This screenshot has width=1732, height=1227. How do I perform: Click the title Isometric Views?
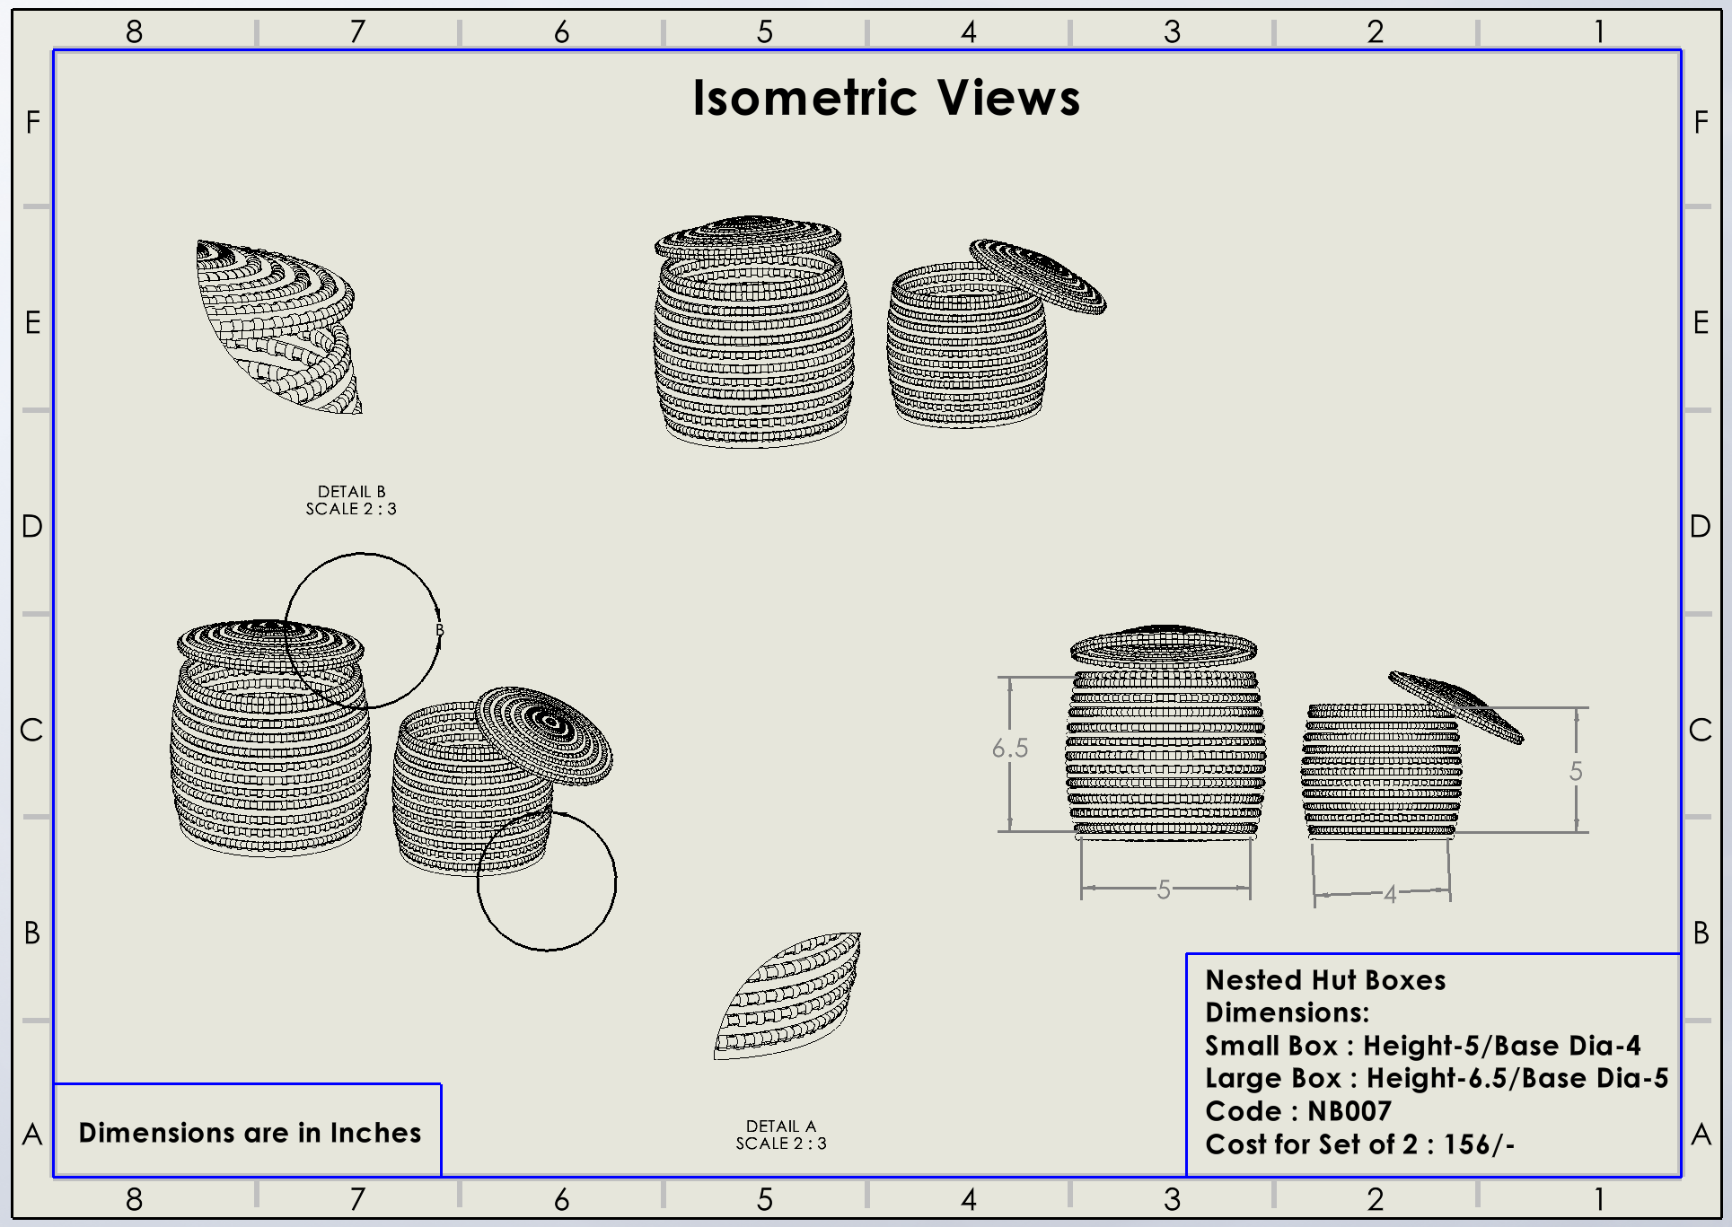pos(886,98)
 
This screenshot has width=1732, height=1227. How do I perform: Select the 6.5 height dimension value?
pos(1010,748)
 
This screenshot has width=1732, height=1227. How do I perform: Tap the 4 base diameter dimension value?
pos(1390,894)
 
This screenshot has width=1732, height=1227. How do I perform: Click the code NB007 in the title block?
pos(1349,1111)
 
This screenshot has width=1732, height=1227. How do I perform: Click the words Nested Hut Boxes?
pos(1325,980)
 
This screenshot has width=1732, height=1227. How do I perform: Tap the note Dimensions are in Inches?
pos(250,1133)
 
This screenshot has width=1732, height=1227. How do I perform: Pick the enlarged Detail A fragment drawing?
pos(788,996)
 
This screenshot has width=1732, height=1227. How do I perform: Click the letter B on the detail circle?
pos(440,630)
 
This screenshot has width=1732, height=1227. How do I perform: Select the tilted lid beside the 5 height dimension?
pos(1455,706)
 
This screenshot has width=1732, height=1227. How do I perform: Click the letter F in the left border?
pos(33,122)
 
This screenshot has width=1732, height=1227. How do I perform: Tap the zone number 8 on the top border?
pos(134,32)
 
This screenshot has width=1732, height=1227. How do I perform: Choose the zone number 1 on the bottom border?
pos(1599,1199)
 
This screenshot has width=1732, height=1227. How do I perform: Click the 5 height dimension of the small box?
pos(1576,771)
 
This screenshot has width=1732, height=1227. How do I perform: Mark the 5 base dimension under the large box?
pos(1164,890)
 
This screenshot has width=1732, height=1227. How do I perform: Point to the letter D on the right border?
pos(1700,526)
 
